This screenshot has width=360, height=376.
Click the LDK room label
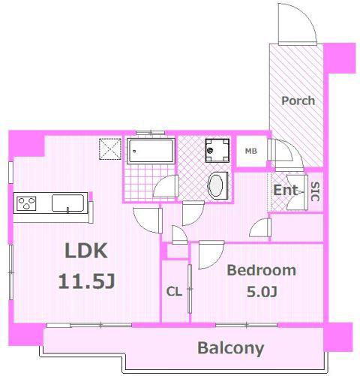86,251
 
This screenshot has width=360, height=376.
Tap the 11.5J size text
86,281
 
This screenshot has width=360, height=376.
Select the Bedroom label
262,270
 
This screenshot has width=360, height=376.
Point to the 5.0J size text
262,292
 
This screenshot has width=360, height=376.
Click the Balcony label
231,348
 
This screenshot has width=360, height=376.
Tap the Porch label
298,101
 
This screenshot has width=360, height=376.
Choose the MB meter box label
251,151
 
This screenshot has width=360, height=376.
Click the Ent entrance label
286,190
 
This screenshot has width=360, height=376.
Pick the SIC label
316,191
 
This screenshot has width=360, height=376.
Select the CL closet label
174,291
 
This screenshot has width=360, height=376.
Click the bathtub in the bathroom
151,151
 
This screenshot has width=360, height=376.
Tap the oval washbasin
215,185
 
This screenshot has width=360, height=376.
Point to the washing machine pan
217,151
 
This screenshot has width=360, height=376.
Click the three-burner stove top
26,203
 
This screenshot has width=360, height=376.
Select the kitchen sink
67,203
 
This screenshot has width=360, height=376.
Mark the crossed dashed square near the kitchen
110,149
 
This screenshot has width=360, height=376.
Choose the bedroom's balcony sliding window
246,325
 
